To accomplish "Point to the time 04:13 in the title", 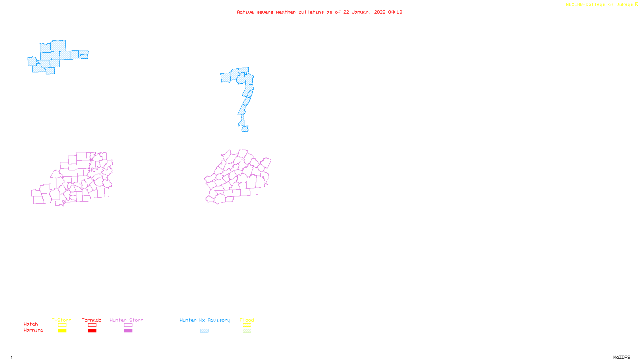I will tap(395, 12).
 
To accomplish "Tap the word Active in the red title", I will tap(245, 12).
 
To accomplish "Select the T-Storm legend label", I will tap(62, 320).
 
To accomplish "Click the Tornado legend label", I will tap(92, 320).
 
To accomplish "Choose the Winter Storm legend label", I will tap(126, 320).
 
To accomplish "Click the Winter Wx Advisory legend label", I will tap(205, 320).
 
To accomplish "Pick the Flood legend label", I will tap(247, 320).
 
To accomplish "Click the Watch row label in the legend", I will tap(31, 324).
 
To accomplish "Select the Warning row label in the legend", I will tap(34, 330).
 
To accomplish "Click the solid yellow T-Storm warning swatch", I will tap(62, 331).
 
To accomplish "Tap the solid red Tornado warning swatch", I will tap(92, 331).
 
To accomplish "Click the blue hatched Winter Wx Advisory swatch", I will tap(204, 331).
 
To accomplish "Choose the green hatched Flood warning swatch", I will tap(247, 331).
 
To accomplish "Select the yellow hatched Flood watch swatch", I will tap(247, 325).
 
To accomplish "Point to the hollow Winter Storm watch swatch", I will tap(128, 325).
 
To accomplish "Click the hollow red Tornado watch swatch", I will tap(92, 325).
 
